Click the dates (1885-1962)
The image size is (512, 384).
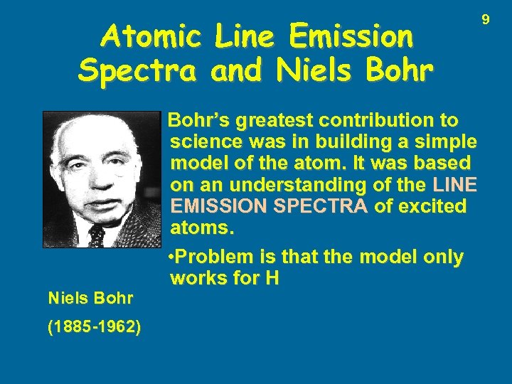click(x=93, y=328)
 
